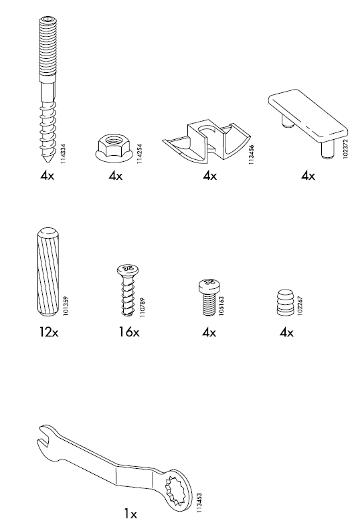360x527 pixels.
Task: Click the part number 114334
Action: click(63, 154)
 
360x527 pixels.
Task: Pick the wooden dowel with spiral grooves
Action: click(46, 273)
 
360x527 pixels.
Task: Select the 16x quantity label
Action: click(128, 332)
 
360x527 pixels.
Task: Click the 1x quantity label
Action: click(130, 514)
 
